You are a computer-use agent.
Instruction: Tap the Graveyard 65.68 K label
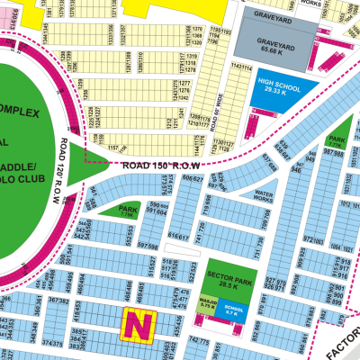tap(277, 51)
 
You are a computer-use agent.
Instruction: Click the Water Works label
tap(265, 193)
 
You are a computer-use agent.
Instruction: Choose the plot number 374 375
tap(52, 343)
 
